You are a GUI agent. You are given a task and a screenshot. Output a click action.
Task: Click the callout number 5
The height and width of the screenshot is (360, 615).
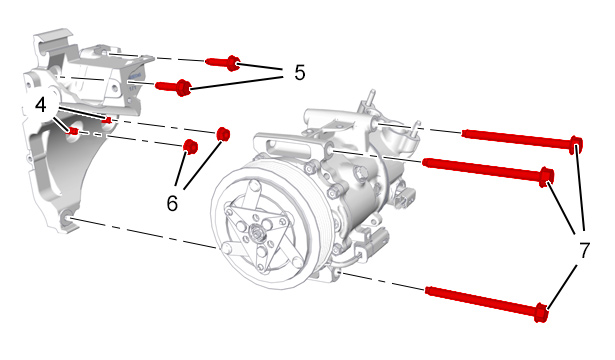click(300, 73)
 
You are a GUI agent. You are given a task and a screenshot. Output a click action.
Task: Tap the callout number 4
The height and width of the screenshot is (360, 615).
click(41, 106)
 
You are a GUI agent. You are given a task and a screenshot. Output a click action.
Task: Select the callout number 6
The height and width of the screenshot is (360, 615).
click(172, 204)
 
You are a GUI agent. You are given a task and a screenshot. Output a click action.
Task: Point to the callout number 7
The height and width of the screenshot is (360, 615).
click(584, 250)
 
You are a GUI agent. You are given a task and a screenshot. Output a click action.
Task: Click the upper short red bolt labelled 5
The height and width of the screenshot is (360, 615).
click(222, 63)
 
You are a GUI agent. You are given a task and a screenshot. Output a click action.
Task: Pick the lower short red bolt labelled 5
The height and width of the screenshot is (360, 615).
click(173, 87)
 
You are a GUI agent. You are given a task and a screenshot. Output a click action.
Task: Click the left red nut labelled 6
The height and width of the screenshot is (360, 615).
click(191, 147)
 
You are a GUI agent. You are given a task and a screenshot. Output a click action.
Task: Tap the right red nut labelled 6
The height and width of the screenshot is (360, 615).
click(223, 134)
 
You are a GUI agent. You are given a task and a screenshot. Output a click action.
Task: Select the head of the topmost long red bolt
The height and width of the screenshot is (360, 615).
click(576, 145)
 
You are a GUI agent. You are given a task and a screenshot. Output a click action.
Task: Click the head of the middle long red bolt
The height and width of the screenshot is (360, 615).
click(546, 177)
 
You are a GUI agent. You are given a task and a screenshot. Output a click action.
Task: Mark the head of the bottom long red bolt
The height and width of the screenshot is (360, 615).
click(541, 313)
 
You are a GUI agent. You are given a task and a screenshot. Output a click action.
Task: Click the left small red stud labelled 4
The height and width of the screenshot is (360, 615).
click(73, 131)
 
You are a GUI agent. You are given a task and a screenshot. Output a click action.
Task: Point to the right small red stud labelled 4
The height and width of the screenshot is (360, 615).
click(107, 120)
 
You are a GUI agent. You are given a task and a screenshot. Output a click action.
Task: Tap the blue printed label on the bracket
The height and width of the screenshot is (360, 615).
click(134, 81)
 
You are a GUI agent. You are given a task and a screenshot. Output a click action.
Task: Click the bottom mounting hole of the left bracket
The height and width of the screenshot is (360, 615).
click(67, 217)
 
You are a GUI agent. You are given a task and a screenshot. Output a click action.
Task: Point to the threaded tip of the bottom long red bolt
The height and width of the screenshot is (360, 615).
click(429, 290)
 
